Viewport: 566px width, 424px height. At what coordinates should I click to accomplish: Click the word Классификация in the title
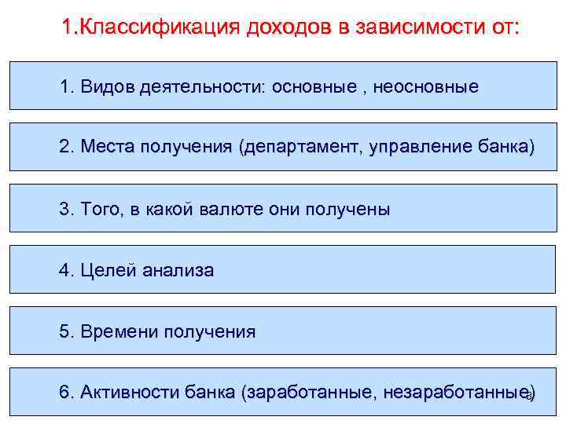click(x=161, y=27)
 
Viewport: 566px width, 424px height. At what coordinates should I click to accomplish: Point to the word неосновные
click(x=425, y=86)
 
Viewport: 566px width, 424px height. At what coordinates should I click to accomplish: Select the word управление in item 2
click(x=420, y=148)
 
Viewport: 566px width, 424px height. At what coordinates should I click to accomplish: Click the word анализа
click(x=177, y=271)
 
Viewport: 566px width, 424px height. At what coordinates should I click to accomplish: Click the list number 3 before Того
click(x=65, y=210)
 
